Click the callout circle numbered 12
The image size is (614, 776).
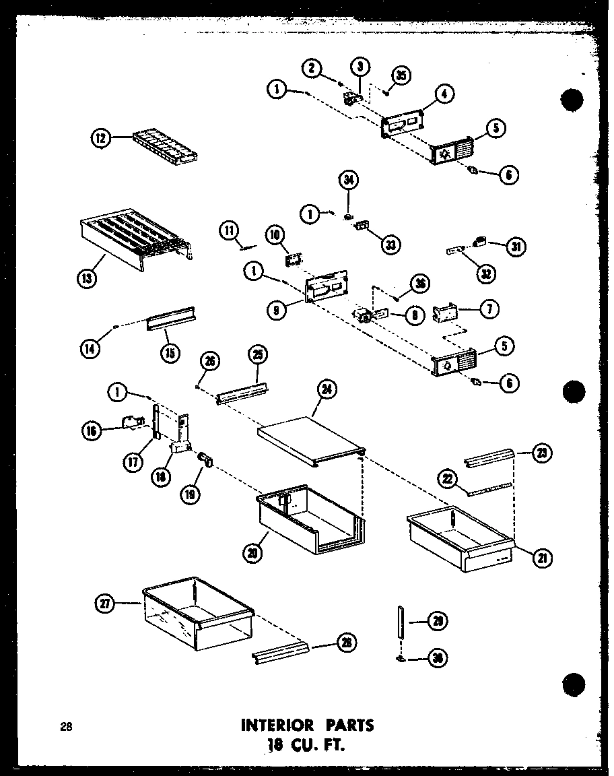(100, 139)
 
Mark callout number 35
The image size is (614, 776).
(402, 75)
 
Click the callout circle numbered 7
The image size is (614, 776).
(489, 309)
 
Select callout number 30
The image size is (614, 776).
(438, 658)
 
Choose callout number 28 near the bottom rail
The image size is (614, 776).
(345, 643)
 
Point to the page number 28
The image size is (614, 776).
(65, 727)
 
